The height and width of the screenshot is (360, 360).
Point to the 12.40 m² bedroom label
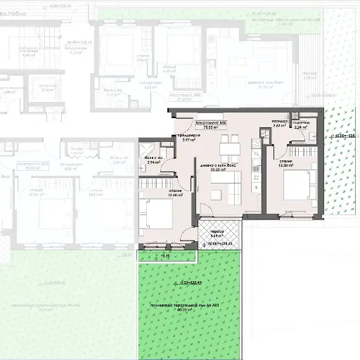tap(176, 194)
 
